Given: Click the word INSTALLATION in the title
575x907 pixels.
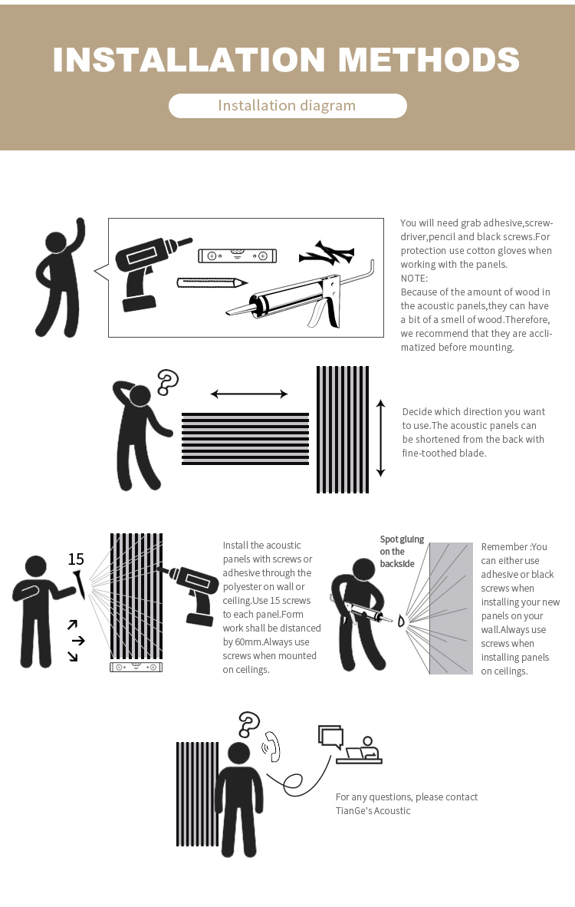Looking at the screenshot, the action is [x=189, y=60].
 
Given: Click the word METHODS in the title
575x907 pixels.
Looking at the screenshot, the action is [x=429, y=60].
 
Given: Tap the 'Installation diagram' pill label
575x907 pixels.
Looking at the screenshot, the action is [x=287, y=106].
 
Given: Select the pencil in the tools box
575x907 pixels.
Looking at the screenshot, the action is [x=212, y=283].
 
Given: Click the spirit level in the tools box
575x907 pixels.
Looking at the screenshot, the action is [x=237, y=256].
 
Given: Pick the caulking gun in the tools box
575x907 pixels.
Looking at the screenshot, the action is [x=301, y=295].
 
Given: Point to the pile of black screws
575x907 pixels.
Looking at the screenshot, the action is [x=327, y=253].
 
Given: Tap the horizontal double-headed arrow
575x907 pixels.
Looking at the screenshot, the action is [x=249, y=394].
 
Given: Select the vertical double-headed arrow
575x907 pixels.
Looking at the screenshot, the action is [x=380, y=438].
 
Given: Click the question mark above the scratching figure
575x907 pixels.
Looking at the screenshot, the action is [x=168, y=382].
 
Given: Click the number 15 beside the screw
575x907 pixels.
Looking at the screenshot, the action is [x=76, y=559].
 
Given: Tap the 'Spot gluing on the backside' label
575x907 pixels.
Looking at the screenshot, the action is [x=402, y=551].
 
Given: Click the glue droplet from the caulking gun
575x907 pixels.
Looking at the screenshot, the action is [x=400, y=622].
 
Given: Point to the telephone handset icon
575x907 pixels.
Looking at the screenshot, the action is [x=271, y=747].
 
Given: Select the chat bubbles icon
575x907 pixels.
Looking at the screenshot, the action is [x=330, y=737].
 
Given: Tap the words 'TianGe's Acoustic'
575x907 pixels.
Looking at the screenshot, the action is [x=373, y=811].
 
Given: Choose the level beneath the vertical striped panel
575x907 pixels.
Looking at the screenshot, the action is [x=136, y=667].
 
